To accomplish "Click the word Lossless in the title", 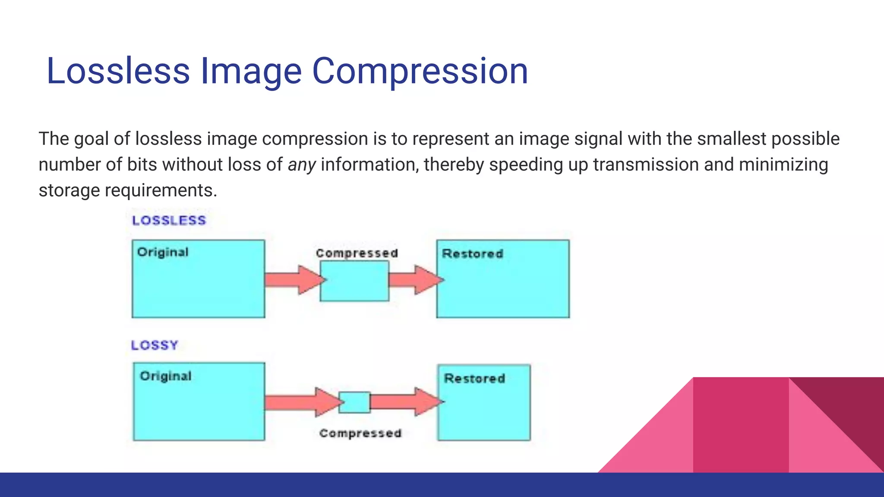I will [118, 71].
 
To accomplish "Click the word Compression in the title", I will [420, 71].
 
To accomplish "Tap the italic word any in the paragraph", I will [302, 165].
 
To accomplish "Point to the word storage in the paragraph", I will [69, 190].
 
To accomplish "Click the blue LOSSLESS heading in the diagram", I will [169, 220].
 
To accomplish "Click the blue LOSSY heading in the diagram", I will [155, 345].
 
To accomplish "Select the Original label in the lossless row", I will [163, 252].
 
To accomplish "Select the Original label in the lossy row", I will [165, 376].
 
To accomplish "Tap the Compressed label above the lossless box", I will [357, 253].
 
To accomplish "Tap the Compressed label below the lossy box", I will [360, 433].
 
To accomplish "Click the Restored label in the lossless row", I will [472, 254].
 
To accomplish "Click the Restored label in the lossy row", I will [474, 378].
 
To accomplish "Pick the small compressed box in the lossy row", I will [354, 402].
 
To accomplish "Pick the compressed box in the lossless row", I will [354, 281].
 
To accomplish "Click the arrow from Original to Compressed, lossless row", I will [294, 280].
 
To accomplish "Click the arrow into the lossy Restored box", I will [406, 402].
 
